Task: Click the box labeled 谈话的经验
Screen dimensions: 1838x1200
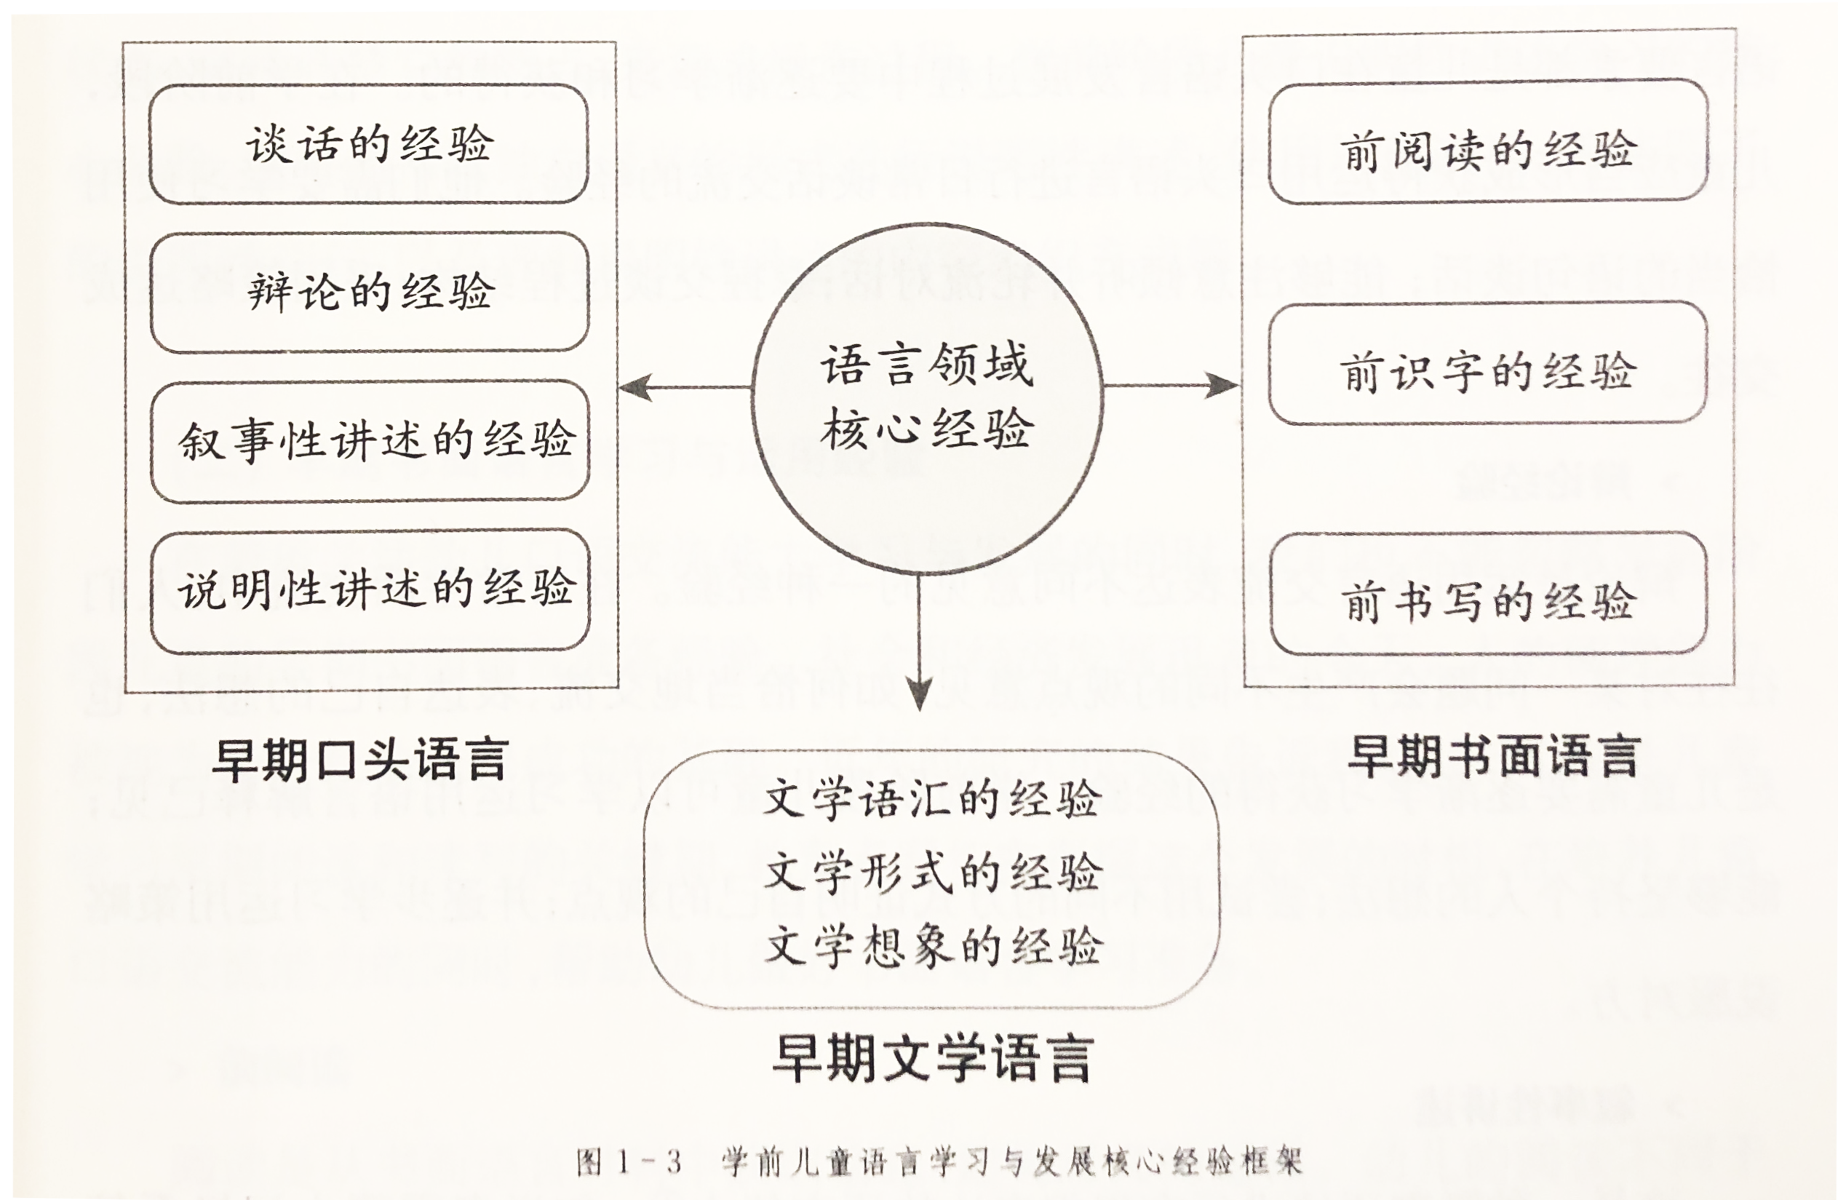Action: (x=369, y=144)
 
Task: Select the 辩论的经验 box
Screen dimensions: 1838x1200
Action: (x=370, y=292)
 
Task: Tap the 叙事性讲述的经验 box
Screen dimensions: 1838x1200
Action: (x=370, y=441)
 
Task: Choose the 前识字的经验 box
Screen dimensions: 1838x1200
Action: (x=1488, y=363)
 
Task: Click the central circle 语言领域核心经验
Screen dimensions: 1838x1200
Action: (x=928, y=400)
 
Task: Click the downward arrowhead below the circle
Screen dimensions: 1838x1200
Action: (x=919, y=694)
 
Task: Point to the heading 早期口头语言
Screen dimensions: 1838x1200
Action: (x=360, y=760)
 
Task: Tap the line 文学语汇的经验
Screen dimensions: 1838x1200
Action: (x=932, y=799)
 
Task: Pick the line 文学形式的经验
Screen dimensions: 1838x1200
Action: (x=933, y=873)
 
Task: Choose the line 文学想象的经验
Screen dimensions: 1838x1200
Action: (x=934, y=946)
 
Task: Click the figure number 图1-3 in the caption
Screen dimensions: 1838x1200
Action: (x=629, y=1162)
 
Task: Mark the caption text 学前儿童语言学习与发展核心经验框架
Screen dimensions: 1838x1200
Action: (x=1012, y=1162)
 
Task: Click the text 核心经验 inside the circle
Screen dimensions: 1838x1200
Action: (x=927, y=429)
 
